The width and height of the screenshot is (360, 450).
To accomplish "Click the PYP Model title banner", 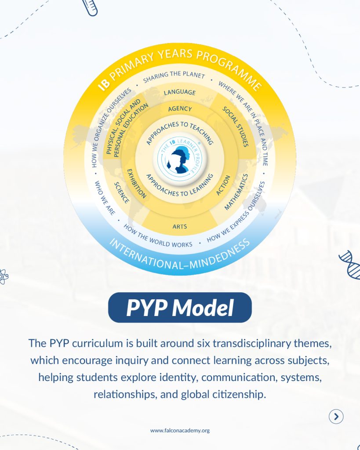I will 180,308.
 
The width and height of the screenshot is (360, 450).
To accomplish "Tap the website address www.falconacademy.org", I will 180,430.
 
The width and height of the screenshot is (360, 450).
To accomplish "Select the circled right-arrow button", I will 336,417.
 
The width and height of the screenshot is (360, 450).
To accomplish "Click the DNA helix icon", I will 350,265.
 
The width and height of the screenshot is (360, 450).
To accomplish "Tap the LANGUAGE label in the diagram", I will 179,92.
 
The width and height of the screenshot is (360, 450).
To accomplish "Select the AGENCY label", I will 180,109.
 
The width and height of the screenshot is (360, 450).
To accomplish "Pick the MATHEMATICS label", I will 236,192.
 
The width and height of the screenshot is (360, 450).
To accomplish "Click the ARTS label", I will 179,227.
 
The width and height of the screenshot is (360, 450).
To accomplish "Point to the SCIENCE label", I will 122,192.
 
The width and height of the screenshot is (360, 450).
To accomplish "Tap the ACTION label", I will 223,185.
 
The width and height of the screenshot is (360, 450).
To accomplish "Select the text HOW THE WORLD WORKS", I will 158,236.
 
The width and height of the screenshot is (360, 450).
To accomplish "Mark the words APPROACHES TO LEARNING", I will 179,185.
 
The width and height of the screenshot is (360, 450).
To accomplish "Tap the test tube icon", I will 90,7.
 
